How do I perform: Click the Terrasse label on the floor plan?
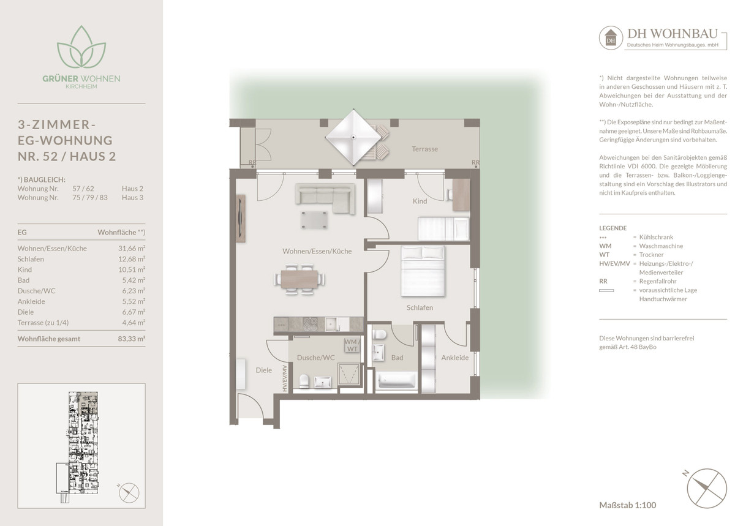click(424, 149)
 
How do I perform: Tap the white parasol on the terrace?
click(353, 137)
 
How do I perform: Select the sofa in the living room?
click(325, 198)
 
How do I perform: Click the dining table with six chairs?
click(300, 279)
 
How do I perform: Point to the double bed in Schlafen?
click(423, 271)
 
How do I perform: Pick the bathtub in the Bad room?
click(397, 381)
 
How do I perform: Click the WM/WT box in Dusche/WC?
click(352, 345)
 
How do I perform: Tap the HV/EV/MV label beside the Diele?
click(285, 378)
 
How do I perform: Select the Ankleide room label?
click(454, 358)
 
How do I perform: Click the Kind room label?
click(420, 201)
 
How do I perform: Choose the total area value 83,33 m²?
click(132, 339)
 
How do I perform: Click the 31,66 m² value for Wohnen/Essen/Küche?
click(132, 249)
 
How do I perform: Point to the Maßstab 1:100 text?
click(627, 505)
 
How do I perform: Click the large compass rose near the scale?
click(706, 488)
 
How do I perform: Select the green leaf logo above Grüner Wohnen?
click(81, 47)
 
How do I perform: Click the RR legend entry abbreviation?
click(603, 281)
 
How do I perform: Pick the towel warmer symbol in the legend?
click(606, 290)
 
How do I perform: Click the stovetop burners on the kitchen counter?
click(310, 325)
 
